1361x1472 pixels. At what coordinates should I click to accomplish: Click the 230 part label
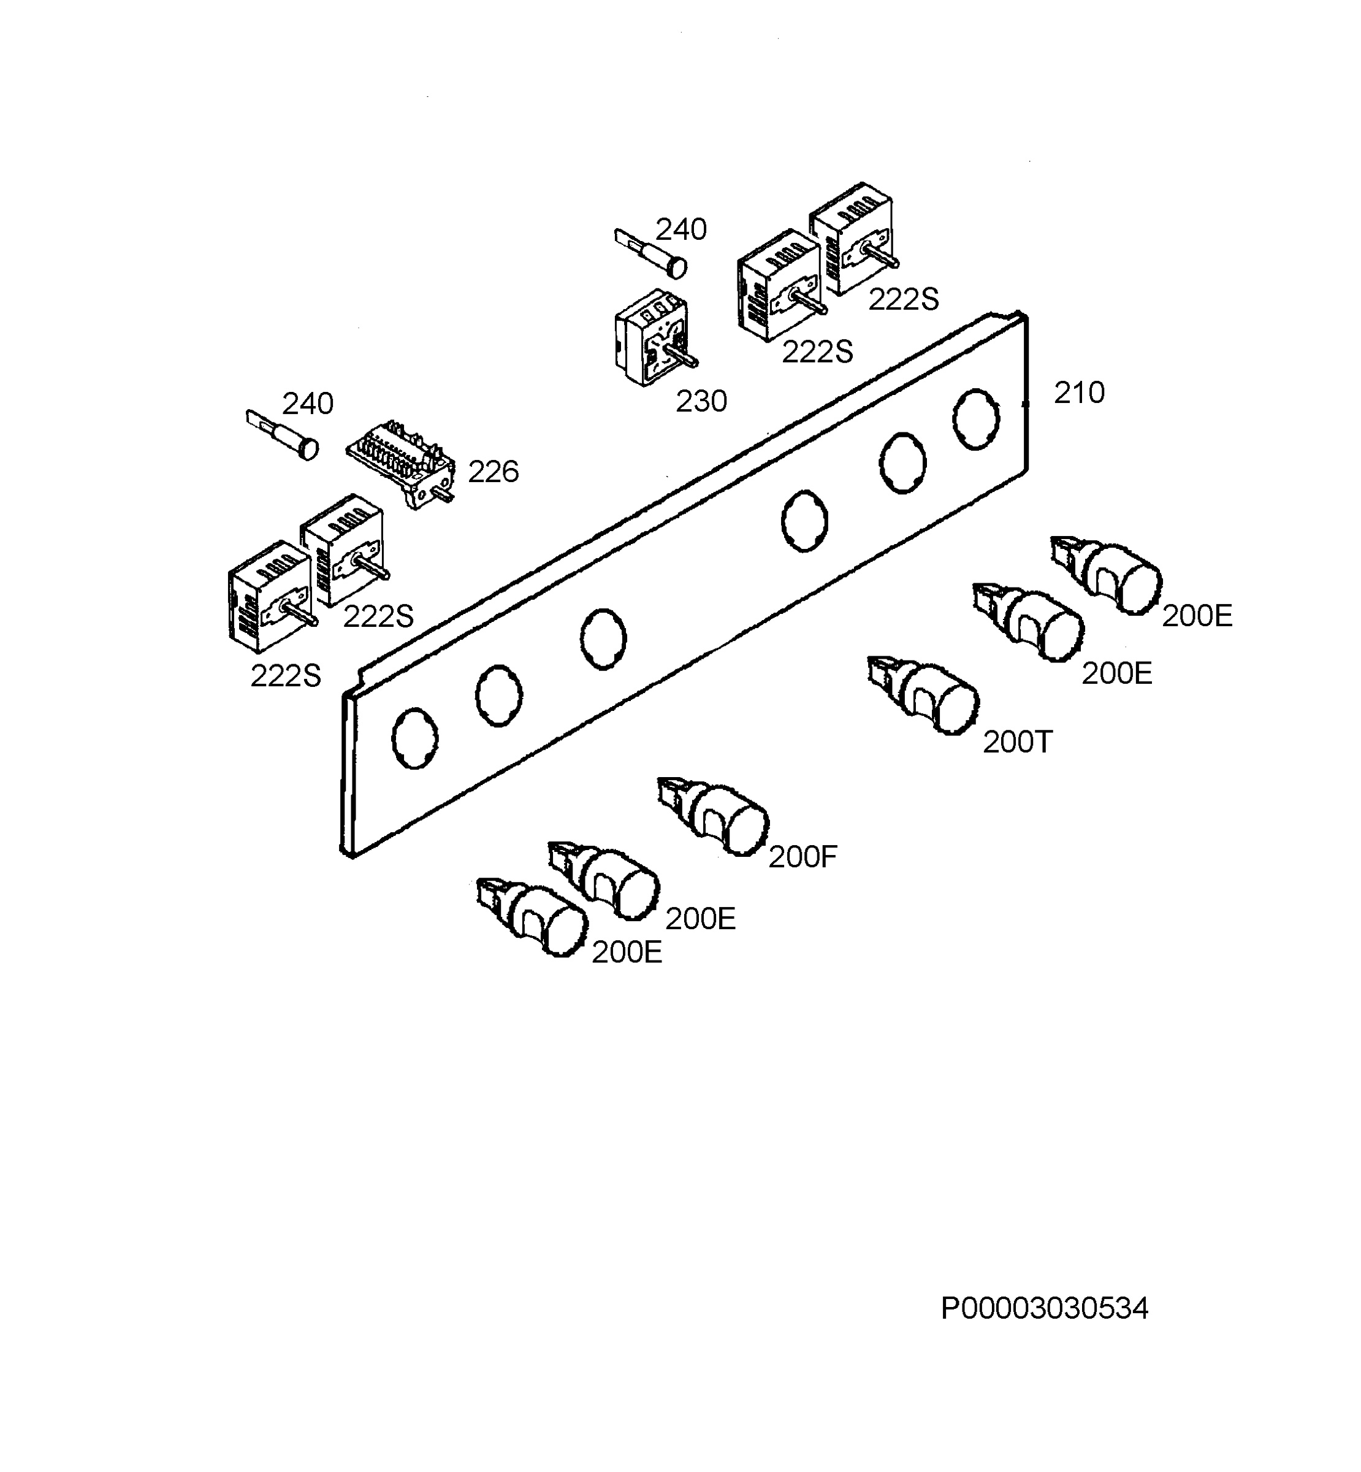(701, 402)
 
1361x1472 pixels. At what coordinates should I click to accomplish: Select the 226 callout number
(494, 472)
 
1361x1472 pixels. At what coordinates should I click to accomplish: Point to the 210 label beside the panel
(1079, 393)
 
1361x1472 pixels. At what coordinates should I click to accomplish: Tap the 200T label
(1018, 742)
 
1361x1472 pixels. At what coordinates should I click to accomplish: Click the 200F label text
(802, 857)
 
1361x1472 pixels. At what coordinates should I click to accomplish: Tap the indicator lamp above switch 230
(651, 253)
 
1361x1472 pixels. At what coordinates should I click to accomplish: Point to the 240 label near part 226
(308, 404)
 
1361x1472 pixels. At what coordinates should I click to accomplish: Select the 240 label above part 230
(681, 230)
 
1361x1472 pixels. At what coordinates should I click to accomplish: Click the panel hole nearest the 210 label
(977, 418)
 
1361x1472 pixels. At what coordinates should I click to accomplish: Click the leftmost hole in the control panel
(416, 738)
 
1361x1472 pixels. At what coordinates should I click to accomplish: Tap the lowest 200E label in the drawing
(627, 953)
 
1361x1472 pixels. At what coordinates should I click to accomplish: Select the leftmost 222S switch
(270, 597)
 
